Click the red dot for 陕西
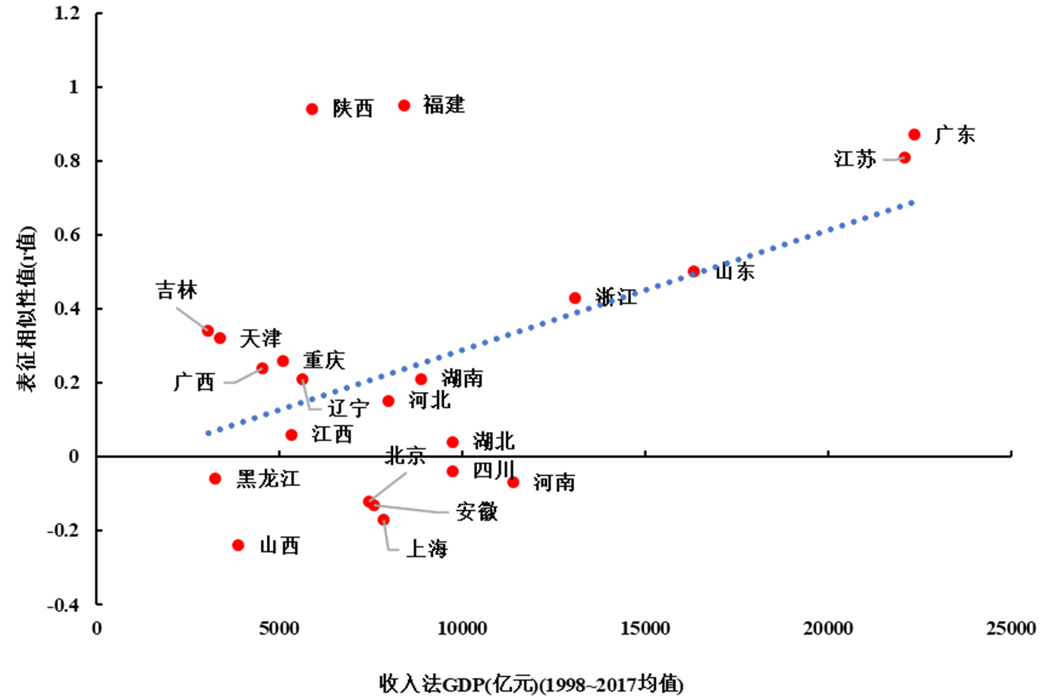pos(312,109)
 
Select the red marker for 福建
pos(404,105)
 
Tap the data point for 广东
pos(914,134)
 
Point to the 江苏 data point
pos(905,158)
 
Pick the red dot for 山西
pos(238,545)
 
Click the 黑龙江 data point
pos(216,478)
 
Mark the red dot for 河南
pos(513,482)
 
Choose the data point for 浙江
pos(575,298)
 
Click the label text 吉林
pos(177,291)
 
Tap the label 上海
pos(427,549)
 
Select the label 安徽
pos(477,512)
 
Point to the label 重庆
pos(324,360)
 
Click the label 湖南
pos(462,378)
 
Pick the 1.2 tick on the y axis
pos(67,13)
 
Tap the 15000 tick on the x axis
pos(645,628)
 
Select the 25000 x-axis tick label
pos(1010,628)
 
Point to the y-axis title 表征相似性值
pos(27,308)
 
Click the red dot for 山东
pos(693,271)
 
